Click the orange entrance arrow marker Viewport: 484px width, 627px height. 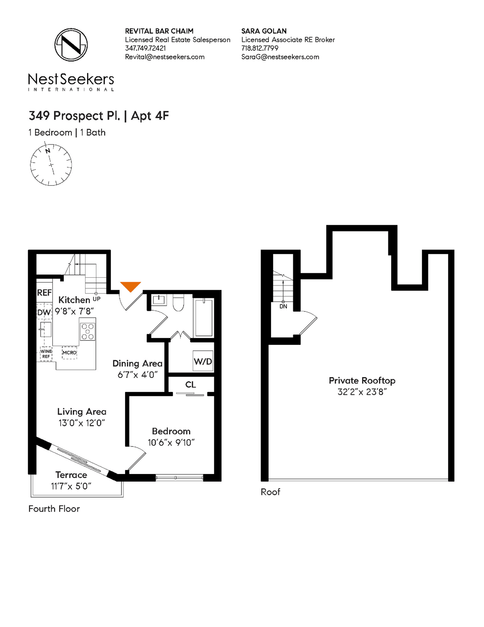(x=130, y=286)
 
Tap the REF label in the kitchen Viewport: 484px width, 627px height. (x=44, y=293)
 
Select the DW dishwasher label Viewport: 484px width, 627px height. (x=44, y=312)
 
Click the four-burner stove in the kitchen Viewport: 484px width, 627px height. (x=88, y=331)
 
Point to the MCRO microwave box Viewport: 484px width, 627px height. (x=69, y=352)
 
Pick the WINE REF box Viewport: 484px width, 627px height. (x=46, y=354)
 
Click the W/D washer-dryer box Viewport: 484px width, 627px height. (x=203, y=361)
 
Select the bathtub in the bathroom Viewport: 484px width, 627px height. (x=204, y=317)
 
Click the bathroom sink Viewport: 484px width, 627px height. (x=159, y=300)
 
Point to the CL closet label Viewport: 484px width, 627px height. (x=190, y=384)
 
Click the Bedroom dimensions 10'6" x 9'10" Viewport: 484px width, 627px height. (x=171, y=442)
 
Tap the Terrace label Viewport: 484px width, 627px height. (x=71, y=475)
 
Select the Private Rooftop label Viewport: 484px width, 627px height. (x=362, y=381)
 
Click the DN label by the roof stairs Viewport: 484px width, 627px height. (x=283, y=306)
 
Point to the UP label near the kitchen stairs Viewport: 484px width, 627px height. (x=96, y=299)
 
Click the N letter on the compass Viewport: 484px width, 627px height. (x=48, y=151)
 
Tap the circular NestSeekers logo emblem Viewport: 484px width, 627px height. (x=71, y=45)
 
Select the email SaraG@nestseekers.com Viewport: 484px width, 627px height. (x=280, y=57)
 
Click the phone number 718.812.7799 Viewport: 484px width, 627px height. (x=260, y=48)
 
